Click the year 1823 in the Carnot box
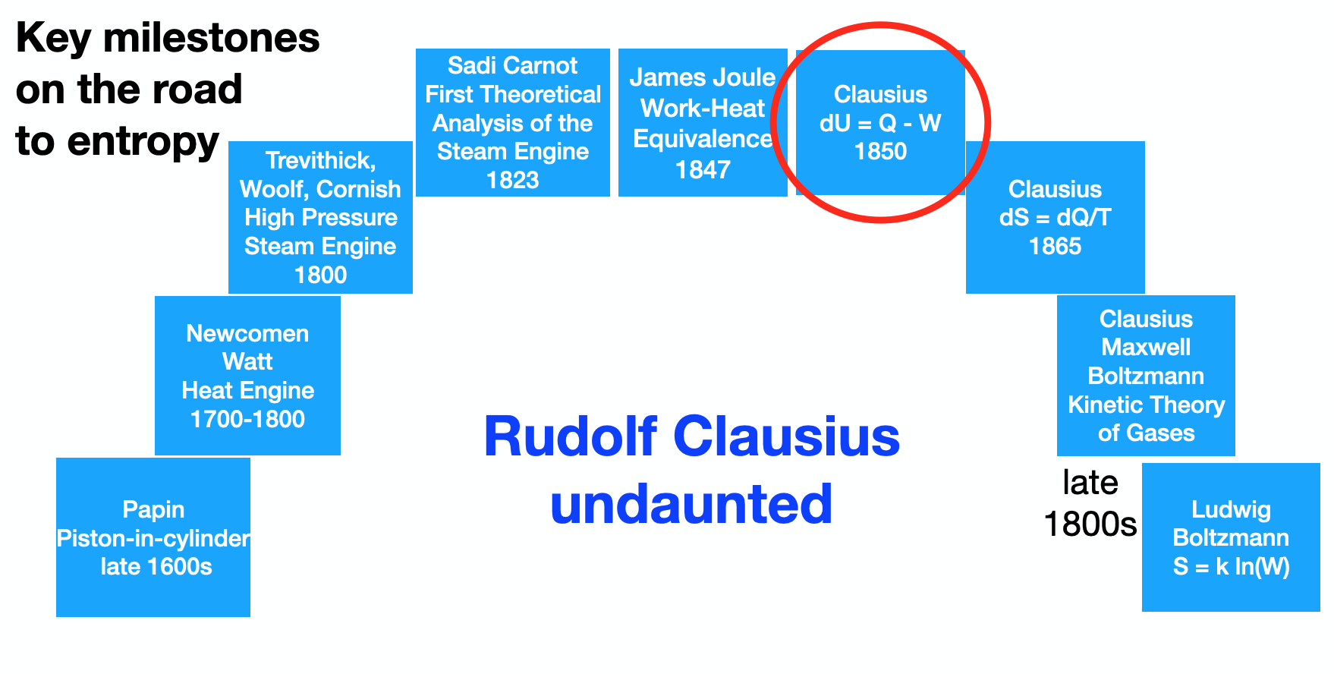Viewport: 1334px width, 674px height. click(513, 180)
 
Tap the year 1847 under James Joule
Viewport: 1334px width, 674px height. click(703, 169)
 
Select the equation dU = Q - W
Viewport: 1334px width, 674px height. click(880, 123)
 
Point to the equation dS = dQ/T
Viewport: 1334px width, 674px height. click(1055, 218)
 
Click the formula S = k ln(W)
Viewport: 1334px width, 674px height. click(1231, 567)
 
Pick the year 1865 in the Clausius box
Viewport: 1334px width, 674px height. click(1055, 246)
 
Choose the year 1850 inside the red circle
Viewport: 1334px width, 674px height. click(880, 151)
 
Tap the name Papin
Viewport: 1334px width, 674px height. click(153, 510)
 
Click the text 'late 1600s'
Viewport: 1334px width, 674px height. click(156, 566)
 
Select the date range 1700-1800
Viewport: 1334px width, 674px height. click(247, 419)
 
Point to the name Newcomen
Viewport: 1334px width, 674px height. click(247, 333)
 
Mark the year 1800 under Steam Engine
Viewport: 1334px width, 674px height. click(320, 275)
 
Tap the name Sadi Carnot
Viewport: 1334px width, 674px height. click(513, 65)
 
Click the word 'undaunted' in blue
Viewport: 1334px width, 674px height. click(691, 504)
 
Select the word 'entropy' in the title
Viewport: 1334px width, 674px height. click(143, 142)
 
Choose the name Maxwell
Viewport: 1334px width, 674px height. click(1146, 347)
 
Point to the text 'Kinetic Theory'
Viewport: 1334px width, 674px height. click(1146, 405)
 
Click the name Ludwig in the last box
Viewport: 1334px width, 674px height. click(1231, 510)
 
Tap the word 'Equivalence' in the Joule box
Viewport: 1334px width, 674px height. click(703, 139)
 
